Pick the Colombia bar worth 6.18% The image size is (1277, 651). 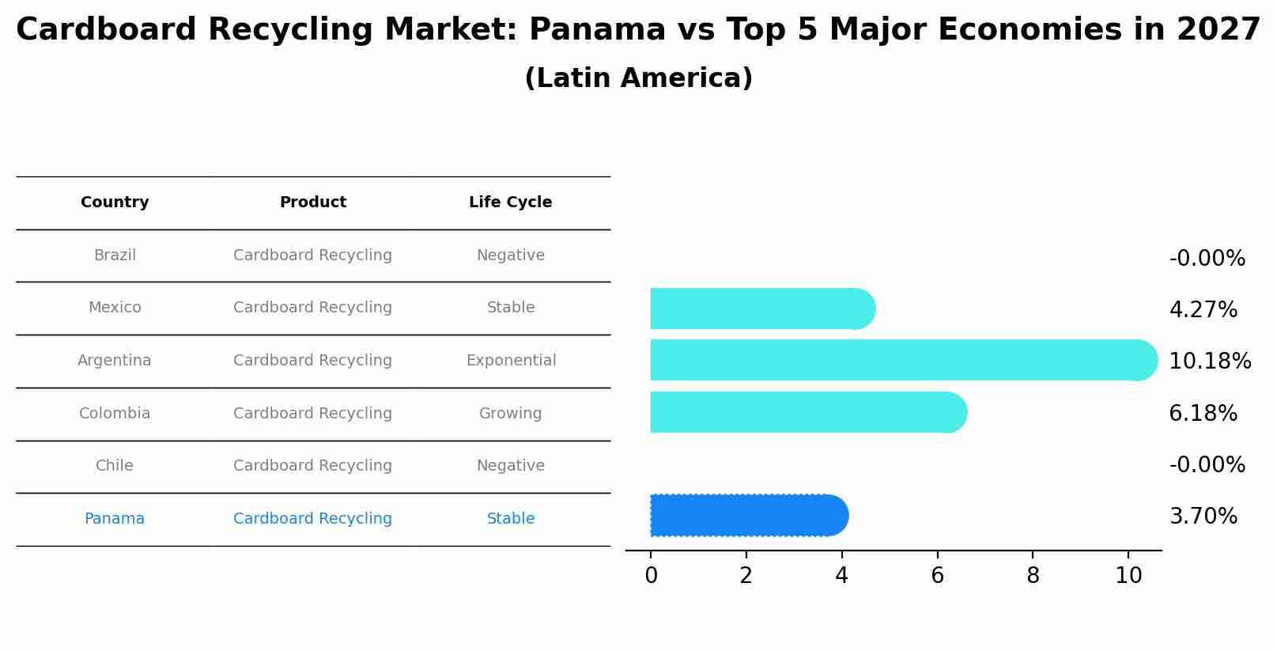click(x=807, y=412)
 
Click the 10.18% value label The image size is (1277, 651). click(x=1209, y=361)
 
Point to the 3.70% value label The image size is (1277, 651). click(x=1203, y=517)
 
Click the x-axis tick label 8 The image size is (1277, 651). click(x=1033, y=576)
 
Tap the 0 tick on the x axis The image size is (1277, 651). click(x=651, y=576)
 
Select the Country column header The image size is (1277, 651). click(x=115, y=202)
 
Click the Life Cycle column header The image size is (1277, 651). click(x=510, y=202)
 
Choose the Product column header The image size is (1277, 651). click(x=313, y=202)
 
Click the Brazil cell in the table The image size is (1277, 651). click(x=115, y=255)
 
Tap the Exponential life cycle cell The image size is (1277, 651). click(x=511, y=361)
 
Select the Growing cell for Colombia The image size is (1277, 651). click(x=510, y=414)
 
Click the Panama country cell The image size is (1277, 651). click(x=115, y=519)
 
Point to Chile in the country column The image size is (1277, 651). click(x=115, y=466)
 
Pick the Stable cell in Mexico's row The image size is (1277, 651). click(x=510, y=308)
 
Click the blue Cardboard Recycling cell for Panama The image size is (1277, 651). click(x=312, y=519)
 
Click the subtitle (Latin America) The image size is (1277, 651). click(x=638, y=78)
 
